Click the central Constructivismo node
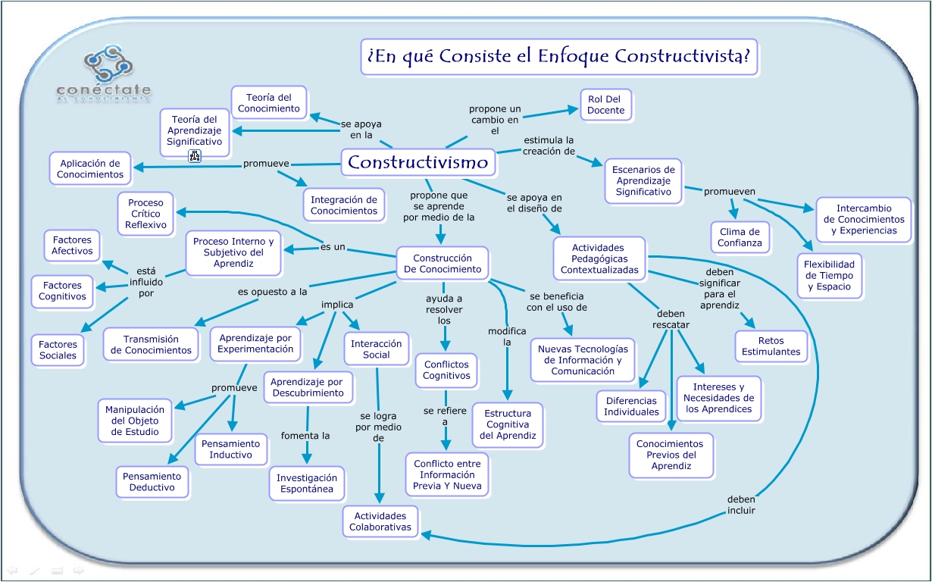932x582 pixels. pyautogui.click(x=418, y=162)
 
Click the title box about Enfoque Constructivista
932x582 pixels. pyautogui.click(x=559, y=57)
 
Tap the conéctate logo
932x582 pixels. pyautogui.click(x=104, y=74)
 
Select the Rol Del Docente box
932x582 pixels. pyautogui.click(x=606, y=105)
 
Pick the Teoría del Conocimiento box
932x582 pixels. pyautogui.click(x=269, y=103)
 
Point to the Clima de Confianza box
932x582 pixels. pyautogui.click(x=740, y=237)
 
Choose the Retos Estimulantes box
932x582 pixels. pyautogui.click(x=771, y=346)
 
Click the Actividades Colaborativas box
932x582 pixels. pyautogui.click(x=380, y=521)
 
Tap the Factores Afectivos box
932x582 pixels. pyautogui.click(x=72, y=246)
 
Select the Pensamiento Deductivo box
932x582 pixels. pyautogui.click(x=152, y=482)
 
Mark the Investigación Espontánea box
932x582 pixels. pyautogui.click(x=306, y=483)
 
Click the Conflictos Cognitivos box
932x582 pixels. pyautogui.click(x=447, y=370)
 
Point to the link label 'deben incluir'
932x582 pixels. pyautogui.click(x=741, y=505)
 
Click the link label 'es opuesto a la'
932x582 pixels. pyautogui.click(x=273, y=291)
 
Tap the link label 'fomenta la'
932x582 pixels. pyautogui.click(x=305, y=436)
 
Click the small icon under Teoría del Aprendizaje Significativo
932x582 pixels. pyautogui.click(x=195, y=157)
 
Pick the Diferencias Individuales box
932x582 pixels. pyautogui.click(x=631, y=406)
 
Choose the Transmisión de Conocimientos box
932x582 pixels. pyautogui.click(x=152, y=345)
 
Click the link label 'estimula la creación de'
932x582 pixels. pyautogui.click(x=549, y=145)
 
